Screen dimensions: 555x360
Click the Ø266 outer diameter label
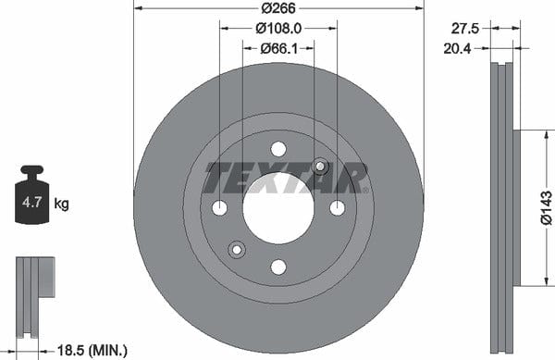click(x=278, y=8)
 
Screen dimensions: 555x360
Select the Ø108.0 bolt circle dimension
click(x=278, y=29)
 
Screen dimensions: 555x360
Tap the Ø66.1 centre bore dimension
click(x=279, y=48)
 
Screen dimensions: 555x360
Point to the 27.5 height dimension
click(x=464, y=29)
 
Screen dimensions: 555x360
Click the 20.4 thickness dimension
click(x=457, y=49)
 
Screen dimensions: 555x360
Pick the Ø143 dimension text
click(x=546, y=208)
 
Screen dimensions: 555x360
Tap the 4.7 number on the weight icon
click(x=31, y=203)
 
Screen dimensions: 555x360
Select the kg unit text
click(x=61, y=204)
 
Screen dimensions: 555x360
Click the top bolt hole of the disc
click(x=278, y=149)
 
